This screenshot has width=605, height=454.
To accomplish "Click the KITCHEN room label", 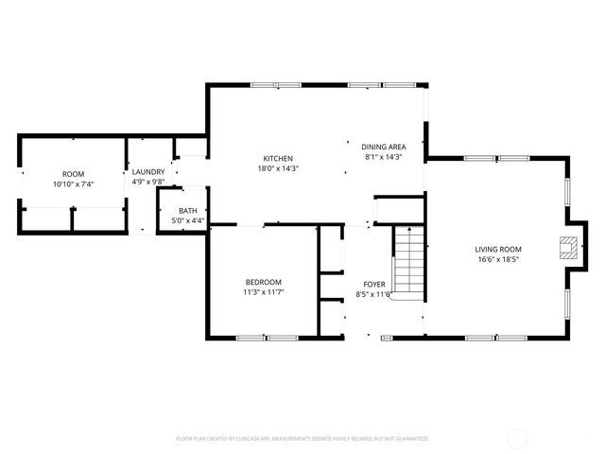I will (278, 158).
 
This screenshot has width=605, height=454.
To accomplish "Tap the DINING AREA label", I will (384, 147).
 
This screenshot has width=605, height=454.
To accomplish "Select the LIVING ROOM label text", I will (498, 248).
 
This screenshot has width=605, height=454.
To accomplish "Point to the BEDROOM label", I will (263, 282).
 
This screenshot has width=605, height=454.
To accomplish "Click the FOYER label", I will (374, 284).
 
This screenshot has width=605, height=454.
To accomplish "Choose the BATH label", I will (188, 211).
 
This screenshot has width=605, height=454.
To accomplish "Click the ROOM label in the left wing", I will (73, 174).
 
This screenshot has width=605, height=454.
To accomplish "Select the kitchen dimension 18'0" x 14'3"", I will (278, 168).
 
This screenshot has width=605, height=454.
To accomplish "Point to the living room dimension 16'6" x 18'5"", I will (498, 258).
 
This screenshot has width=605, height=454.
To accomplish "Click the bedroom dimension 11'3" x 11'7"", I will (263, 292).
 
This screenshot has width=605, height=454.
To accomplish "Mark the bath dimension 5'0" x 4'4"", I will (188, 220).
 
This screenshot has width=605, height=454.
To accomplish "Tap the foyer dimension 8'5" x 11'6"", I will (374, 294).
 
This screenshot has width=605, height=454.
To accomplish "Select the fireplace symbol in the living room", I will (567, 248).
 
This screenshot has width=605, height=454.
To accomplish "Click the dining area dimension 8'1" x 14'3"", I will (384, 157).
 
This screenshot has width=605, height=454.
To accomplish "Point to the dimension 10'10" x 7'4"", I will (73, 184).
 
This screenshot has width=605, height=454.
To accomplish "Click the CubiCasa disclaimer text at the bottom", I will (302, 439).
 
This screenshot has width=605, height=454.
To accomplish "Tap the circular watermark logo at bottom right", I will (518, 438).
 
